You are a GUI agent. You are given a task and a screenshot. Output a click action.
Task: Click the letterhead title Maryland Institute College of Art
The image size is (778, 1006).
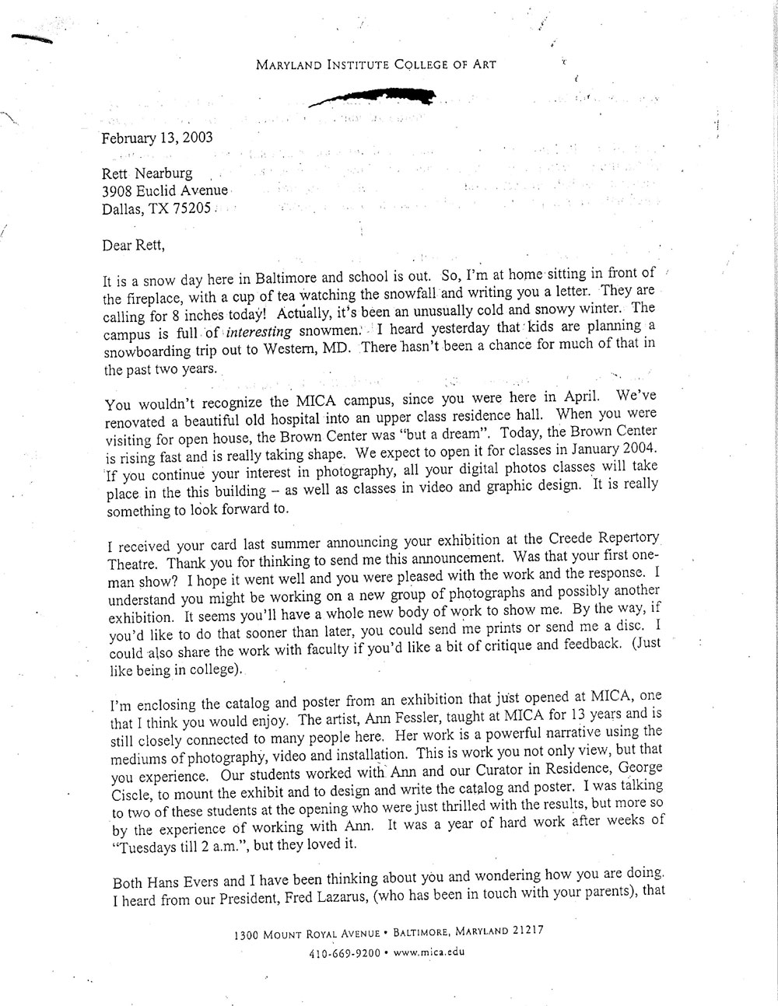376,65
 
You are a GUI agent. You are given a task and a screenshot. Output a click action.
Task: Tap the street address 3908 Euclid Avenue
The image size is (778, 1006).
165,191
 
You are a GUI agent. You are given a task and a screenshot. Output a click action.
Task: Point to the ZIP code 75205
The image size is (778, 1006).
191,208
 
